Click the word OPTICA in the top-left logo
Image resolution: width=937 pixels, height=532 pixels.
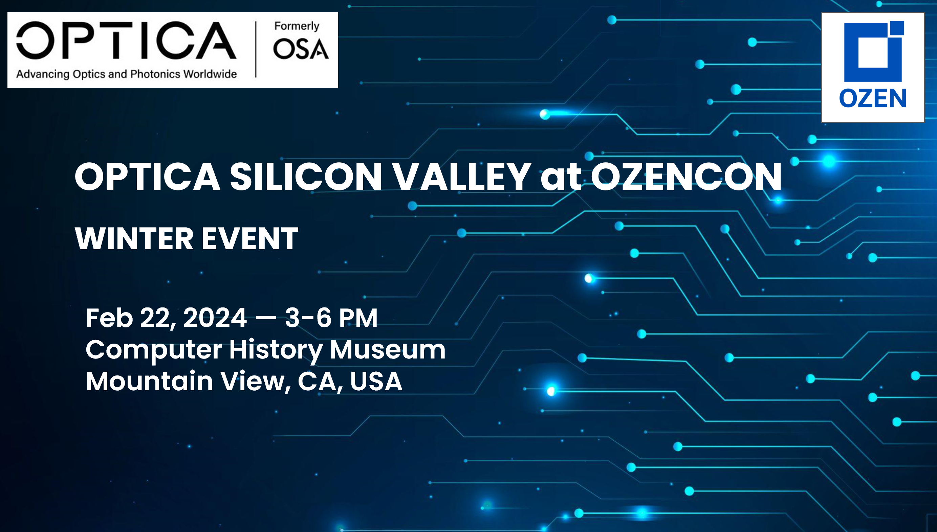(126, 40)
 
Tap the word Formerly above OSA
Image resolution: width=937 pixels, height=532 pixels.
(297, 26)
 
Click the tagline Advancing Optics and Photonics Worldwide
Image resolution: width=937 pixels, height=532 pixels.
(126, 74)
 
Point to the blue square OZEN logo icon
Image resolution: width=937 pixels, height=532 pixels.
(874, 51)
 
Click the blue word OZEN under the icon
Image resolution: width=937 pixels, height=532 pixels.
(873, 98)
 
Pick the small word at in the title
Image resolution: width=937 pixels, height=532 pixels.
(561, 178)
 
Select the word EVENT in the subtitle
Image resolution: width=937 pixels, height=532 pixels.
(250, 238)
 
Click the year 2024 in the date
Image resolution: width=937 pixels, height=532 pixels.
(215, 318)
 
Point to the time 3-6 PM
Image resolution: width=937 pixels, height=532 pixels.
(331, 318)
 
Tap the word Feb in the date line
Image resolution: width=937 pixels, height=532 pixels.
(109, 318)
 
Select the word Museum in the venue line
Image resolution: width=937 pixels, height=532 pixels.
(388, 350)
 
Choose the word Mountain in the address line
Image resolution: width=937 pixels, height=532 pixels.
(149, 381)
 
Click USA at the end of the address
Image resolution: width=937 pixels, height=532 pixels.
(376, 381)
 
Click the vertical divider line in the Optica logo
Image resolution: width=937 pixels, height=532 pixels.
(256, 49)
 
